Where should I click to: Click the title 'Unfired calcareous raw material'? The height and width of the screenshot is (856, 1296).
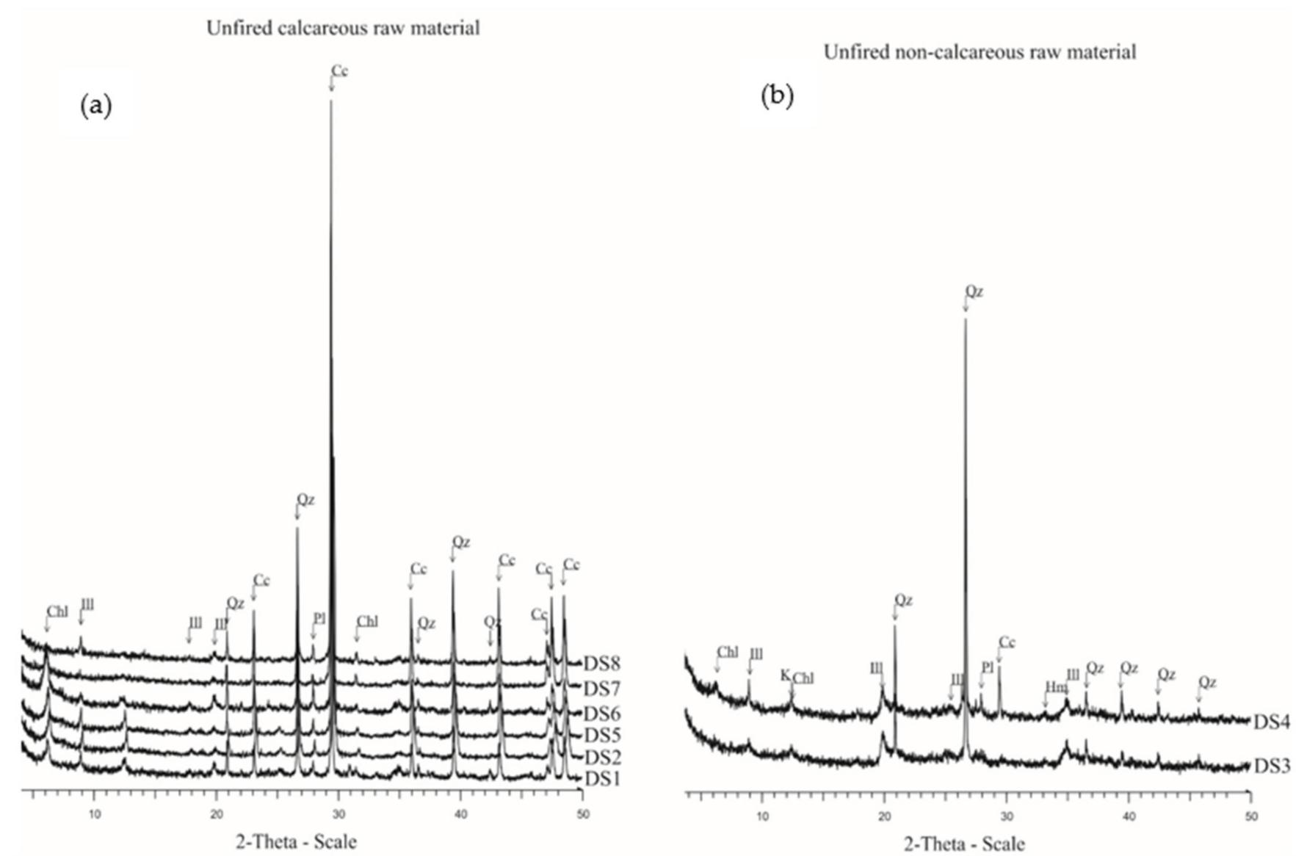pos(342,28)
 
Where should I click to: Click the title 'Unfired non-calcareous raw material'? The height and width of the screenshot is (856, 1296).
pos(980,52)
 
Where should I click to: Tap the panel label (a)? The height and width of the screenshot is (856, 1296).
pos(95,106)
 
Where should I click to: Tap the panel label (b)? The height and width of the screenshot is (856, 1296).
pos(777,96)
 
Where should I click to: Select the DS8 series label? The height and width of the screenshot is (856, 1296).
pos(602,664)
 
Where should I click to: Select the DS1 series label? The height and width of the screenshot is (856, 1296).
pos(602,779)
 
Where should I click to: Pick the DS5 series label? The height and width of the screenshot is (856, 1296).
pos(602,735)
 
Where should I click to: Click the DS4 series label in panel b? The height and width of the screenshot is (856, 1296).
pos(1271,722)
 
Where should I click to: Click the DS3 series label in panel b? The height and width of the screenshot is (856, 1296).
pos(1271,766)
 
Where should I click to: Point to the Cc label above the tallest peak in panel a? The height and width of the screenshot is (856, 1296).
pos(339,71)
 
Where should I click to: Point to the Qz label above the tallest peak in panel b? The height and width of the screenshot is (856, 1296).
pos(974,291)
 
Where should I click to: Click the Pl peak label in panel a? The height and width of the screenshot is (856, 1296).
pos(319,618)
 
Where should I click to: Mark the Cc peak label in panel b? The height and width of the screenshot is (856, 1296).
pos(1007,642)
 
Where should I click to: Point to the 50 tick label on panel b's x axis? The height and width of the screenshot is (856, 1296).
pos(1251,816)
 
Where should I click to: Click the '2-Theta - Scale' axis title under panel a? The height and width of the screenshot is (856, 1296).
pos(296,841)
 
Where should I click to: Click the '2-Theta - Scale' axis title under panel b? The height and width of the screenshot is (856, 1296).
pos(964,844)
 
